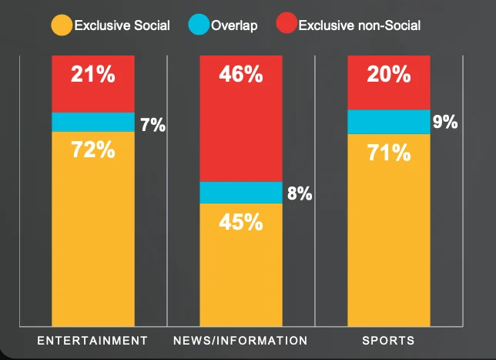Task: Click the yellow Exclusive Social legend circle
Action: point(62,25)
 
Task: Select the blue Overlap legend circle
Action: point(199,25)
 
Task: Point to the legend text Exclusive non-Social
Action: point(359,26)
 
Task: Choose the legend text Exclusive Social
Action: point(122,26)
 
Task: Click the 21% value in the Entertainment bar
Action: point(92,75)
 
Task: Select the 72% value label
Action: point(92,150)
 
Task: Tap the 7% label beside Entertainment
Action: point(152,124)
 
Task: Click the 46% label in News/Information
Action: point(241,75)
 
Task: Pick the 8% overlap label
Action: point(300,193)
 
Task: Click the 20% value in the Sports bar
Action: point(388,75)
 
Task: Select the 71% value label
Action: point(388,153)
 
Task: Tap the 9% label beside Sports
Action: point(445,121)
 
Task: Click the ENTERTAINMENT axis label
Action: point(92,340)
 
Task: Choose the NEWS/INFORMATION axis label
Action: point(241,340)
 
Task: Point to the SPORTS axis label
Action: point(388,340)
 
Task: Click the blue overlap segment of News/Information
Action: point(241,193)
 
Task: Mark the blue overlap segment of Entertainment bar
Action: point(92,122)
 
